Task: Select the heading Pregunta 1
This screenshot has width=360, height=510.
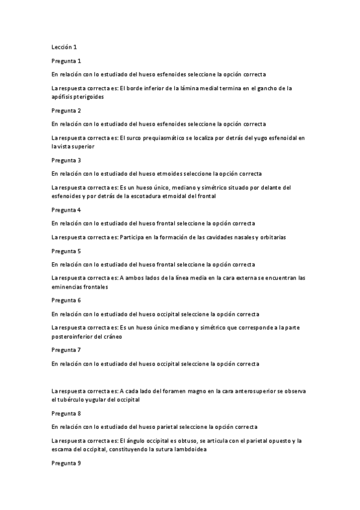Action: coord(66,61)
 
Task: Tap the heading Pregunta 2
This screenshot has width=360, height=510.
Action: coord(66,111)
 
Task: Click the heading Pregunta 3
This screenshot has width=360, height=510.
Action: coord(66,161)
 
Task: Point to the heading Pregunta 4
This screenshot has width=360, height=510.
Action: coord(66,210)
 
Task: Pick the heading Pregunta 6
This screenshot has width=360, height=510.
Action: coord(66,300)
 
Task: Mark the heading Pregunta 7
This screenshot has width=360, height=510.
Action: coord(66,349)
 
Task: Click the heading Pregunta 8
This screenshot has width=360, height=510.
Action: coord(66,414)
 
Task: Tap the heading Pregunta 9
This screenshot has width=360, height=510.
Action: coord(66,463)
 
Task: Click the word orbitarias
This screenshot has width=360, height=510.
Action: coord(272,238)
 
